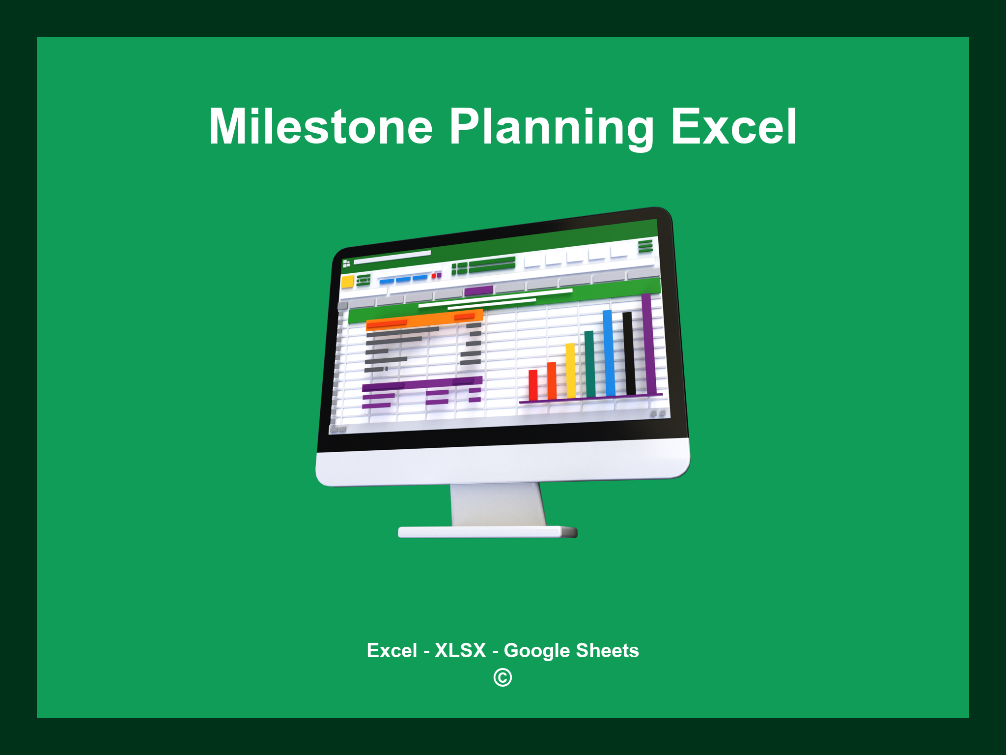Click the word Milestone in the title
click(320, 127)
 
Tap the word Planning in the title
click(551, 128)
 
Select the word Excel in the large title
click(734, 127)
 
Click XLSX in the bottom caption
click(460, 650)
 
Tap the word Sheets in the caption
click(607, 650)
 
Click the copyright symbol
click(503, 677)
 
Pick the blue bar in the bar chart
click(609, 353)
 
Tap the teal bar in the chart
click(589, 364)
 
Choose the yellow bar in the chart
click(570, 371)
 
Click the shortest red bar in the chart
click(533, 385)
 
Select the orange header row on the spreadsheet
click(424, 320)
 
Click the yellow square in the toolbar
click(347, 282)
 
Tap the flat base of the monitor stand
click(487, 532)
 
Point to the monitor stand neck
click(497, 504)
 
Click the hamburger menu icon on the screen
click(645, 245)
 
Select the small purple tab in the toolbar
click(478, 290)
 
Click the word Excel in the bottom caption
click(391, 650)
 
